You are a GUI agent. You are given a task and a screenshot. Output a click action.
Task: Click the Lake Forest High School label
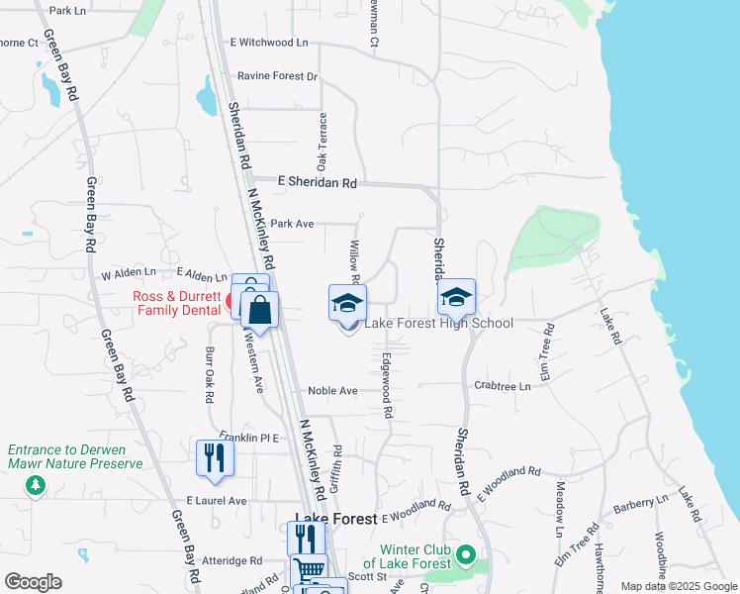pyautogui.click(x=439, y=324)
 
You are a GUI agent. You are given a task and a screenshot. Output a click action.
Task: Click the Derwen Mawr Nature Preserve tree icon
pyautogui.click(x=37, y=484)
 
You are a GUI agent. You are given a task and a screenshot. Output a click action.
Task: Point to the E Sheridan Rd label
pyautogui.click(x=317, y=182)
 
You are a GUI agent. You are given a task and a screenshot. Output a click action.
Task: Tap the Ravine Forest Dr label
pyautogui.click(x=277, y=76)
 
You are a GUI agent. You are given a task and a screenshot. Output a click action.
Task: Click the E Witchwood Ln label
pyautogui.click(x=269, y=43)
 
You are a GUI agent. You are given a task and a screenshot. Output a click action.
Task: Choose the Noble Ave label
pyautogui.click(x=332, y=391)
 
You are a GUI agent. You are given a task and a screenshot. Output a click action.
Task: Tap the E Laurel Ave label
pyautogui.click(x=216, y=501)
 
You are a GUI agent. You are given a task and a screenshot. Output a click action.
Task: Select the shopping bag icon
pyautogui.click(x=259, y=310)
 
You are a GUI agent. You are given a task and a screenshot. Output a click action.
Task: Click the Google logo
pyautogui.click(x=33, y=582)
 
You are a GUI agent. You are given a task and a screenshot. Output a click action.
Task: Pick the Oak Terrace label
pyautogui.click(x=322, y=140)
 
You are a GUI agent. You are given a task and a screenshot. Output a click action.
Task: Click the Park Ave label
pyautogui.click(x=291, y=224)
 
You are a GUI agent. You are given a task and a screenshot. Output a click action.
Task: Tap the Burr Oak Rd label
pyautogui.click(x=209, y=374)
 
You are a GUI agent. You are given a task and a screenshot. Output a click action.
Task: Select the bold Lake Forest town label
pyautogui.click(x=335, y=519)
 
